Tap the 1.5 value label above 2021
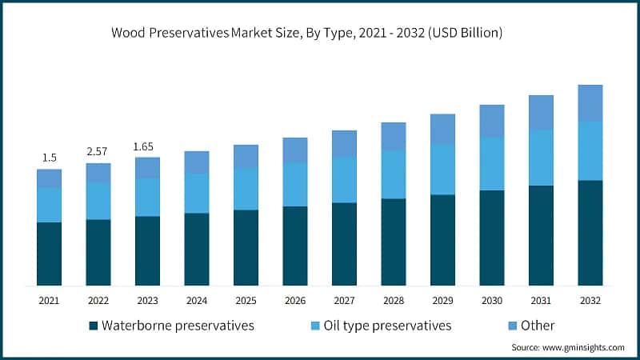point(49,158)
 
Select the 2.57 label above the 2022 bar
point(98,152)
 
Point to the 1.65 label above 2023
point(147,146)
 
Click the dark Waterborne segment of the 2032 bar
point(590,233)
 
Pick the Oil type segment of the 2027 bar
point(344,180)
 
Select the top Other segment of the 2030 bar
point(492,121)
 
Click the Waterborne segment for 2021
point(49,254)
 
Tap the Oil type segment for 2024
point(197,193)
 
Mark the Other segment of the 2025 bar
point(246,156)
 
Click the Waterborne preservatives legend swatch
point(93,326)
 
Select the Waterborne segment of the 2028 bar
point(394,242)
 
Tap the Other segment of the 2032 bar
point(590,103)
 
